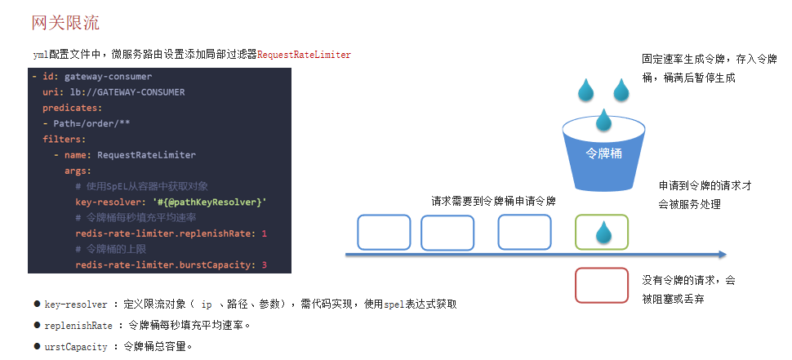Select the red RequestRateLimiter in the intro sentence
point(304,55)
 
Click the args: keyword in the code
point(78,171)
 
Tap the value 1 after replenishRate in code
point(265,233)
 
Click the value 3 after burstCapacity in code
point(265,265)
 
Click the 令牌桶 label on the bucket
point(604,153)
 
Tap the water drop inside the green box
point(603,233)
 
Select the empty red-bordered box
point(602,286)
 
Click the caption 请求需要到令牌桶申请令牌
point(493,201)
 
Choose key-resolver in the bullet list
point(76,304)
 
